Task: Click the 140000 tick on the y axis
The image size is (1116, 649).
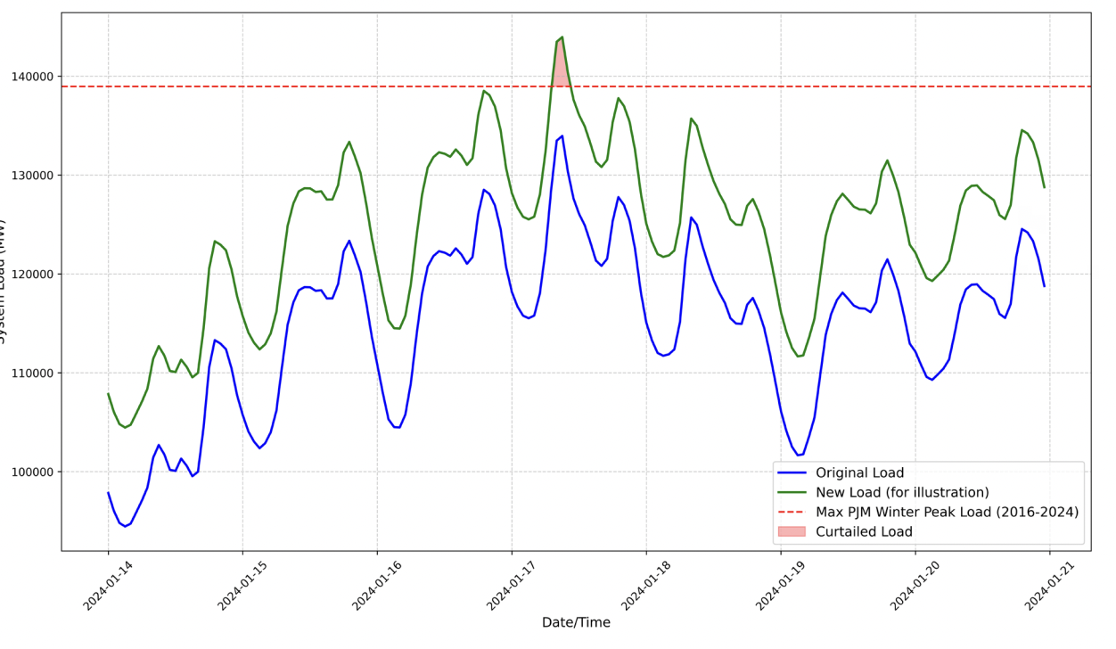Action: point(32,78)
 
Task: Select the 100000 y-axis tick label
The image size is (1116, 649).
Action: point(32,472)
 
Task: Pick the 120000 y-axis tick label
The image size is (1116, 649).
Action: point(32,275)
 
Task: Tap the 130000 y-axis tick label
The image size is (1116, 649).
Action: point(32,176)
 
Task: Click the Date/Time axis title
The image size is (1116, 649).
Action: point(576,623)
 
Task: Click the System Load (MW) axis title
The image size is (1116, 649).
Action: point(4,281)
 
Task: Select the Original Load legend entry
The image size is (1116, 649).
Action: point(859,473)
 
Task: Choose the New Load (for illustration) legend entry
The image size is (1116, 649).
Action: point(902,493)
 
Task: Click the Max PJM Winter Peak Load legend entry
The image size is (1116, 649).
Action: point(947,513)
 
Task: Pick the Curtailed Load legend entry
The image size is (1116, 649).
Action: point(864,532)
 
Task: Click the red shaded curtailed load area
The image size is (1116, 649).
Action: point(561,67)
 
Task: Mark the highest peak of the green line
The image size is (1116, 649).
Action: point(562,37)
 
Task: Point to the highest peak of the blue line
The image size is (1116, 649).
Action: point(562,136)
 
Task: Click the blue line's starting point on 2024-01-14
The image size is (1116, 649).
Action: point(109,492)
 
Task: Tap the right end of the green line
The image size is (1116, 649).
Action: point(1044,187)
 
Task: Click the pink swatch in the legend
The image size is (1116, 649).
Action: point(792,532)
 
